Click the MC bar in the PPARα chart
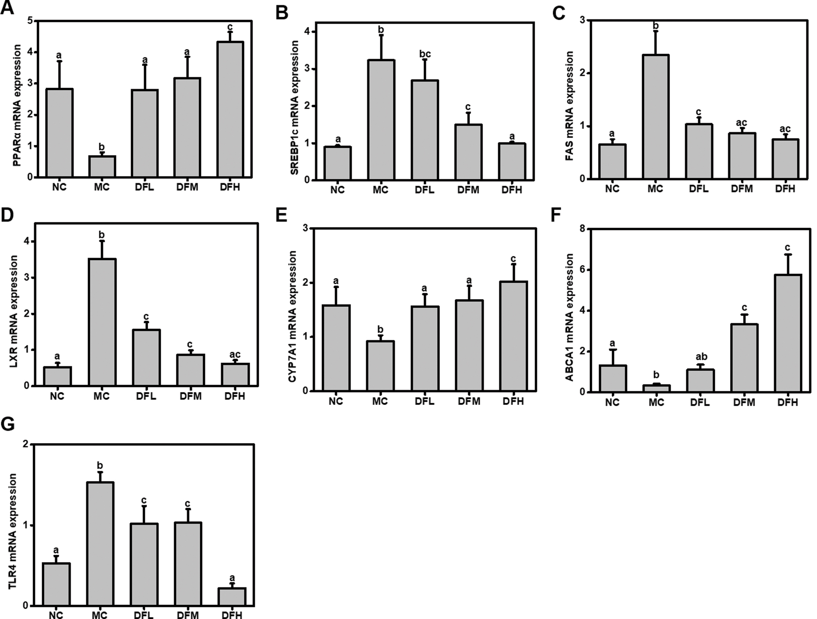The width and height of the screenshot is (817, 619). pyautogui.click(x=102, y=166)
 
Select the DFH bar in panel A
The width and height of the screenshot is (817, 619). pyautogui.click(x=230, y=109)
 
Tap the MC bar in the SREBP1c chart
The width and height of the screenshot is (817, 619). pyautogui.click(x=381, y=120)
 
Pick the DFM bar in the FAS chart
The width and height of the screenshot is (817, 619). pyautogui.click(x=742, y=156)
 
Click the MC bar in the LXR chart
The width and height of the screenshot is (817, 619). pyautogui.click(x=102, y=322)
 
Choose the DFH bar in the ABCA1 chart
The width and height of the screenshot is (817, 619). pyautogui.click(x=788, y=333)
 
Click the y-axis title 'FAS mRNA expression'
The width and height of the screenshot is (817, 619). pyautogui.click(x=570, y=106)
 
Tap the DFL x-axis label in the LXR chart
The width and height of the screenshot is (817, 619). pyautogui.click(x=147, y=396)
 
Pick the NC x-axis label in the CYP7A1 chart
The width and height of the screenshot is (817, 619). pyautogui.click(x=336, y=401)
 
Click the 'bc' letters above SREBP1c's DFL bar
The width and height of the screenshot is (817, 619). pyautogui.click(x=425, y=54)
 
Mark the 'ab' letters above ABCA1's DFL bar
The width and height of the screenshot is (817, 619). pyautogui.click(x=701, y=357)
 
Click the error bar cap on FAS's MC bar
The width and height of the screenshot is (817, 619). pyautogui.click(x=655, y=31)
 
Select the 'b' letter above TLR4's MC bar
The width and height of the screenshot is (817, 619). pyautogui.click(x=100, y=466)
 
